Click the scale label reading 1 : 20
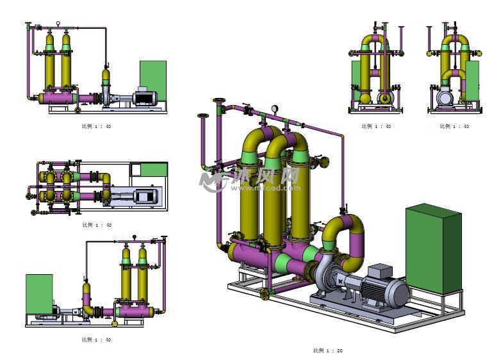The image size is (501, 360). point(328,350)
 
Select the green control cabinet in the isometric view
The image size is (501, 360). point(433,249)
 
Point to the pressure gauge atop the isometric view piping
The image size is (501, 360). point(275,109)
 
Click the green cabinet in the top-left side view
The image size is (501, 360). point(153,80)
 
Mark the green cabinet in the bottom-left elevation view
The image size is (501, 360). point(39,294)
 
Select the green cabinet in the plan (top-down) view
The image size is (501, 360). point(154,170)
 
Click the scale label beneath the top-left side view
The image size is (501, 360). point(97,126)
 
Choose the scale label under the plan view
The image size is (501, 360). point(97,225)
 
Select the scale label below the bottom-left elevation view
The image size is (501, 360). point(96,340)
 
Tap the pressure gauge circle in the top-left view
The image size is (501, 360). point(58,24)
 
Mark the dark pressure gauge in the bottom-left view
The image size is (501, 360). point(135,237)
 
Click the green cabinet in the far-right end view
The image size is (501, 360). point(473,81)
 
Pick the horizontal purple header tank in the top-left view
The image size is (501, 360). point(58,98)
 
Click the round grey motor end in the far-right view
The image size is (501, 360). point(444,98)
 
